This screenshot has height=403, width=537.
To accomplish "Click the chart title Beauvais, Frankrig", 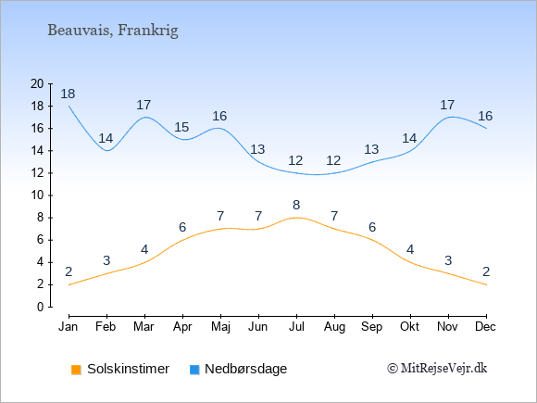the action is [x=113, y=31].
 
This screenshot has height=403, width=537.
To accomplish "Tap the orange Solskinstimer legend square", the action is [x=76, y=370].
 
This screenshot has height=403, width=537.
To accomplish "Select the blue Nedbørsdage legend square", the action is [x=194, y=370].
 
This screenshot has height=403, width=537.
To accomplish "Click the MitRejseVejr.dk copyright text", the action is [x=437, y=369].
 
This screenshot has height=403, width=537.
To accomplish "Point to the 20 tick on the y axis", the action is [x=37, y=83].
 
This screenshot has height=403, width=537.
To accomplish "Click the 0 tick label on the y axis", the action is [x=41, y=307].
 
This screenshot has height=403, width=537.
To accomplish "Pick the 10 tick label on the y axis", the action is [x=37, y=195].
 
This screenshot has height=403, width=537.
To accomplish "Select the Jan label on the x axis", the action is [x=69, y=327].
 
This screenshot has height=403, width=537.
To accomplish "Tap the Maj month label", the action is [x=220, y=327].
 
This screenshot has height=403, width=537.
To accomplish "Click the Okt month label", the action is [x=409, y=327].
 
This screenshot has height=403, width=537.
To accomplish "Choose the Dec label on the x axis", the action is [x=486, y=327].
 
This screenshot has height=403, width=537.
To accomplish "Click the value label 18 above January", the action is [x=68, y=94].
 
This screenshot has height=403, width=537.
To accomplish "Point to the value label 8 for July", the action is [x=296, y=206].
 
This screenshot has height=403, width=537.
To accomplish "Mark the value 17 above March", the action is [x=144, y=105].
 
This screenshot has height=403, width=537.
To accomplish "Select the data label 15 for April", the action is [x=181, y=127].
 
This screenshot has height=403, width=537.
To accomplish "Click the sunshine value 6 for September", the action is [x=372, y=227].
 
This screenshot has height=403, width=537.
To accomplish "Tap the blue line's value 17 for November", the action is [x=447, y=105].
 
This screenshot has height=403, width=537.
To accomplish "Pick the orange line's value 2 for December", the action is [x=486, y=271].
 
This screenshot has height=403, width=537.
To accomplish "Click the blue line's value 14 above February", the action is [x=106, y=138].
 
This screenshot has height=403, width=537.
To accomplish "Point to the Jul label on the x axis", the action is [x=296, y=327].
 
